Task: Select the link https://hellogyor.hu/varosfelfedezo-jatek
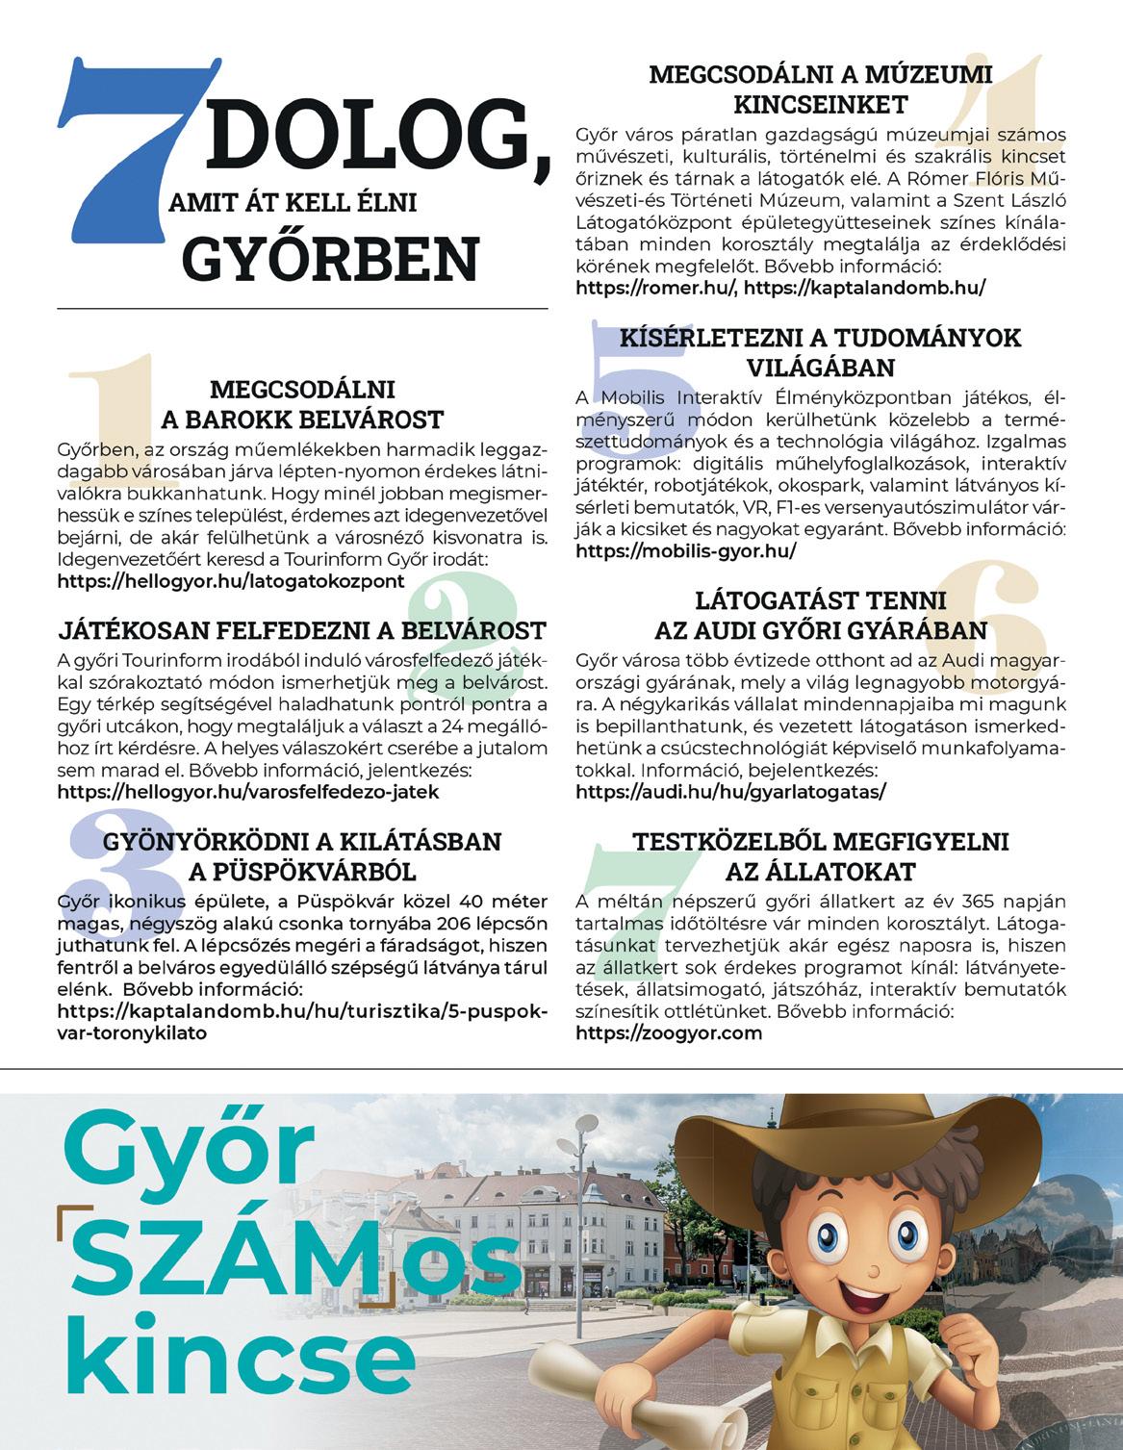[x=248, y=792]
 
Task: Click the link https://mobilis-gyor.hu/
[x=685, y=551]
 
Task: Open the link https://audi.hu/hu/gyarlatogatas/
[x=729, y=793]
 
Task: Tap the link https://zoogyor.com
[x=668, y=1033]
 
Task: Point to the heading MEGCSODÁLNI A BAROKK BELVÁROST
[x=302, y=404]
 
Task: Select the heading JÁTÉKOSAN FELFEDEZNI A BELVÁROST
[x=302, y=631]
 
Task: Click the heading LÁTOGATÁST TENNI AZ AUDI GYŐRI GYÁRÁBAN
[x=820, y=616]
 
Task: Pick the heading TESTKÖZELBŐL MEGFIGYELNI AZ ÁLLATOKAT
[x=820, y=856]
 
